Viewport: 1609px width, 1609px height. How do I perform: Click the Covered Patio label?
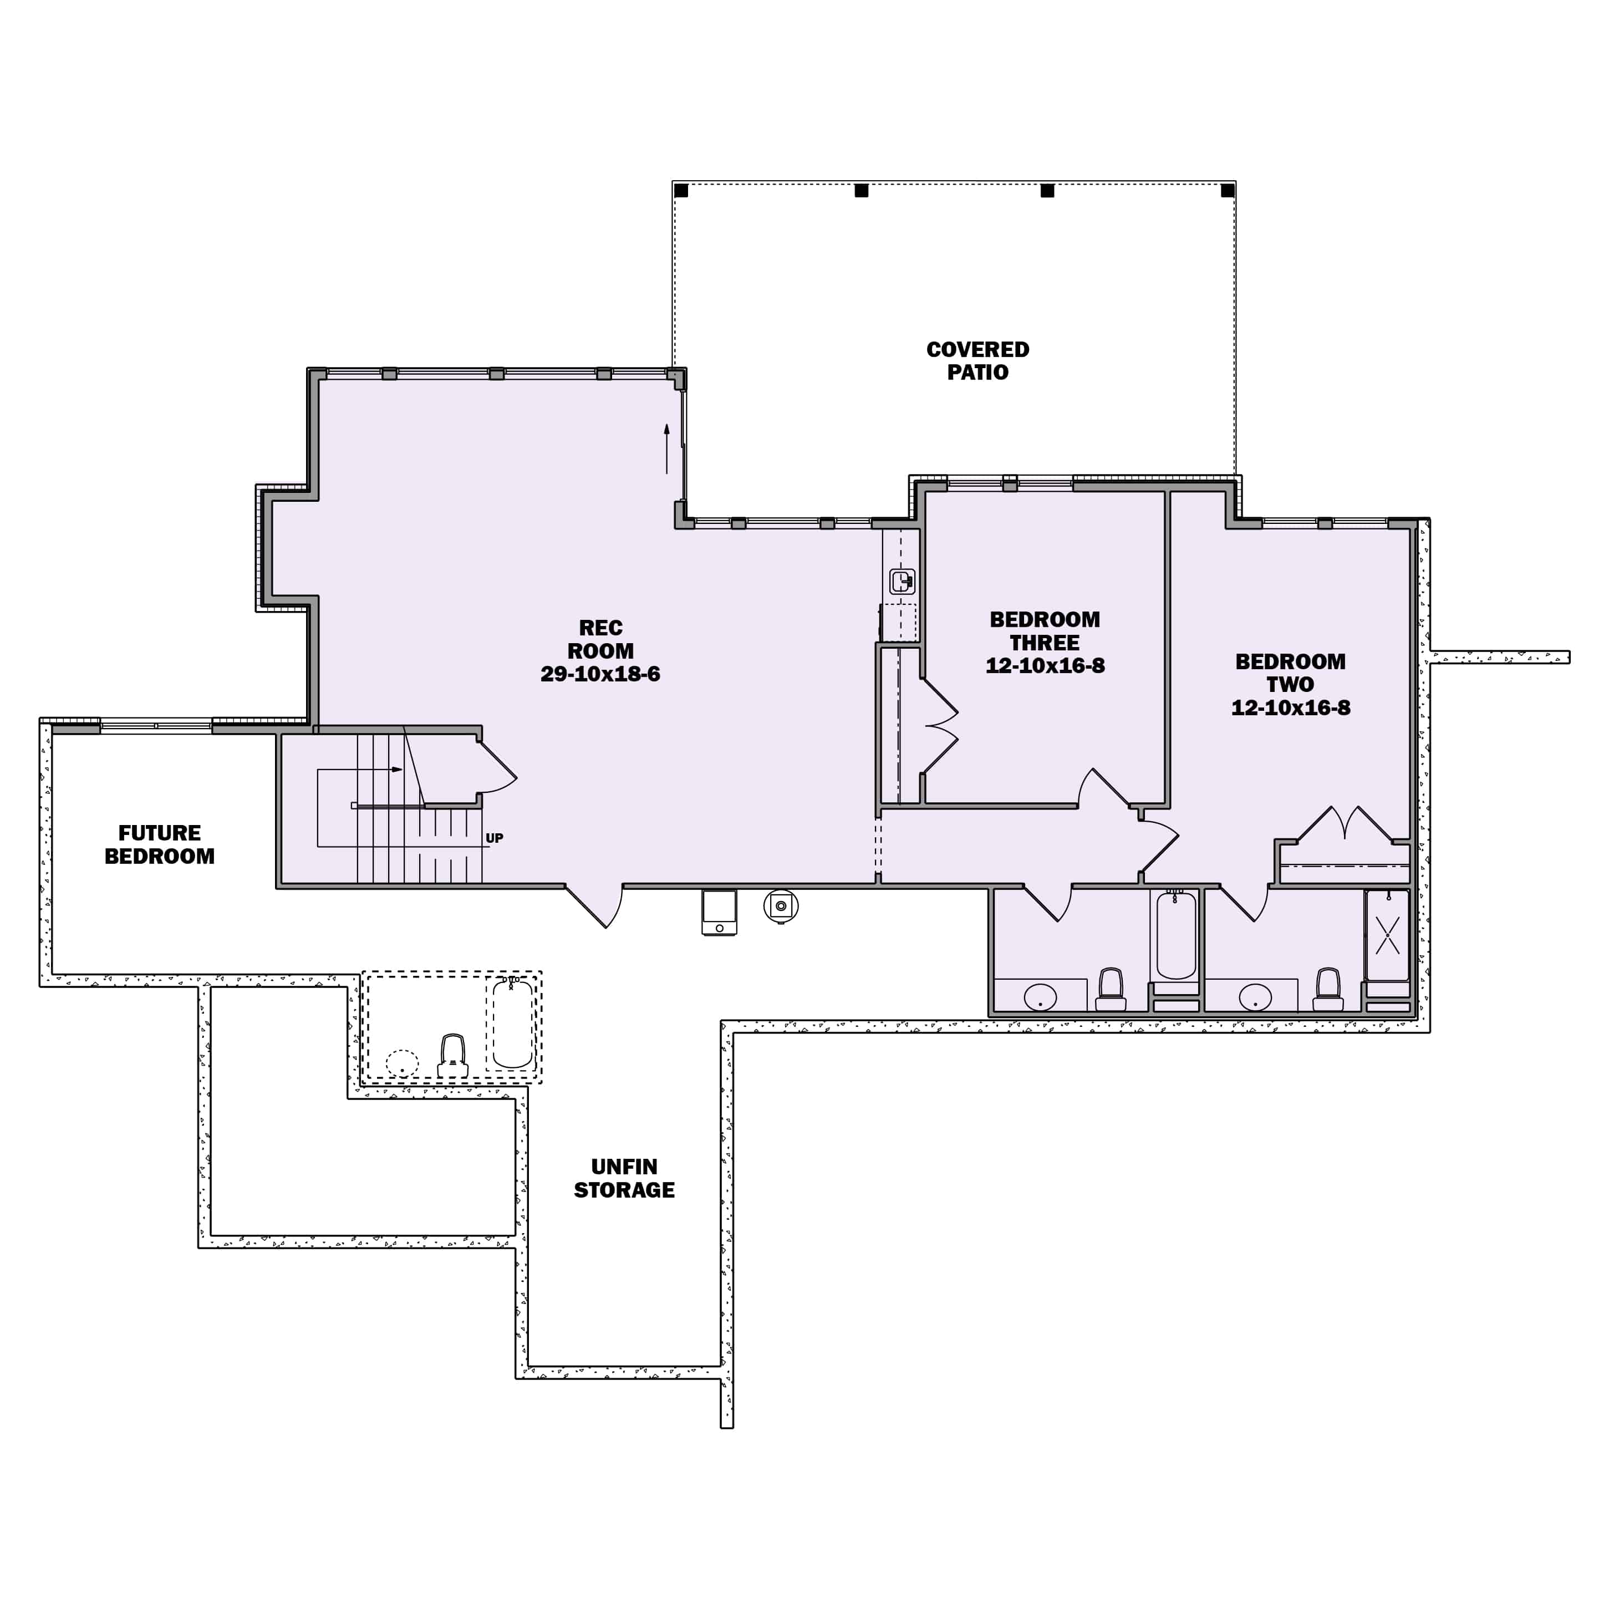pos(977,360)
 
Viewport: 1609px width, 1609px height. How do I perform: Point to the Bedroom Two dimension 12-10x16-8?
pos(1290,707)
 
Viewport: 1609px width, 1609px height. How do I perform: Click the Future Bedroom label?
pos(159,844)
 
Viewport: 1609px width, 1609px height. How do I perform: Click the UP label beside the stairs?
pos(494,838)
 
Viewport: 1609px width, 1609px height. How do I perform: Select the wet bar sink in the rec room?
pos(902,581)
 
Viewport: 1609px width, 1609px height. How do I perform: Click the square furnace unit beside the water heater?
pos(719,913)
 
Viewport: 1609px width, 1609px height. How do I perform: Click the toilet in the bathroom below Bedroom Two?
pos(1327,989)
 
